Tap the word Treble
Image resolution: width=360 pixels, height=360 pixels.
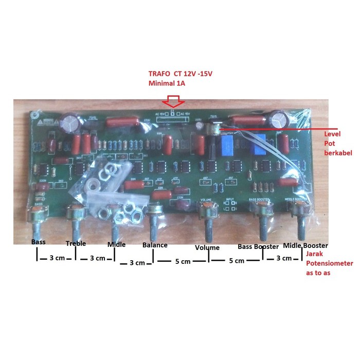click(x=75, y=243)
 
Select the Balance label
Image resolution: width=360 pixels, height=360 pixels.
click(x=155, y=245)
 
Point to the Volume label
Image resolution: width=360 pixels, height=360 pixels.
click(x=207, y=247)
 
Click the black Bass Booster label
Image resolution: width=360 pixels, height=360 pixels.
click(x=258, y=247)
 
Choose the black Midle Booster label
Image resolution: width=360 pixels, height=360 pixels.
click(x=305, y=245)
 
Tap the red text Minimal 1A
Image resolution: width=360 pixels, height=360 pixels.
click(x=165, y=83)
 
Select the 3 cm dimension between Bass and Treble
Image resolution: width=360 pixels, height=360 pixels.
click(x=56, y=257)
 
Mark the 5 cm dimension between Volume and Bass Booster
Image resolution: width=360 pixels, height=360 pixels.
click(x=236, y=261)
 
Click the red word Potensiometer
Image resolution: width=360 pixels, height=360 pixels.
click(x=329, y=263)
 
